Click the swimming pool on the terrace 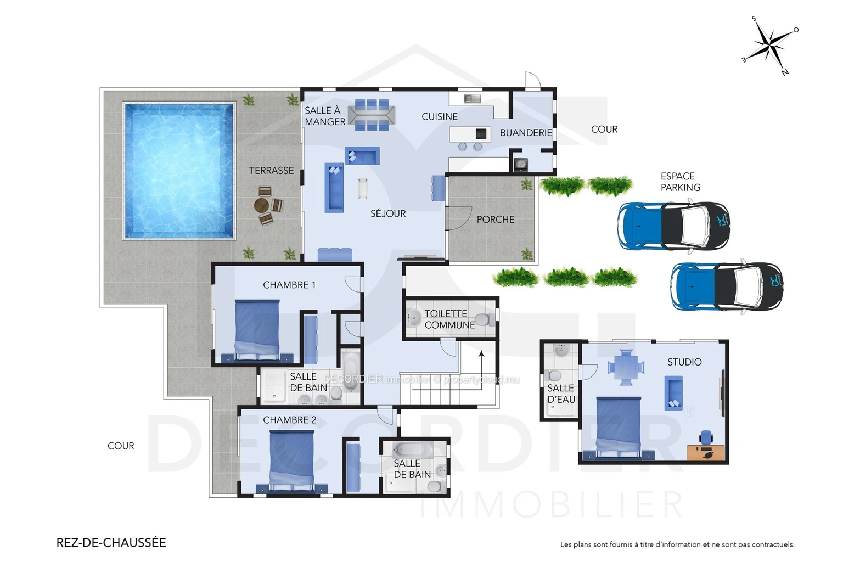click(179, 171)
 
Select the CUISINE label click(439, 117)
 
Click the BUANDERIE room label click(526, 132)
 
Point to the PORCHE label click(495, 220)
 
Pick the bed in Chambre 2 click(291, 461)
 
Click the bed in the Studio click(619, 428)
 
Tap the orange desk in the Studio click(706, 452)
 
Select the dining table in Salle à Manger click(372, 115)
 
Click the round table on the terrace click(261, 205)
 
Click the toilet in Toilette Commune click(485, 319)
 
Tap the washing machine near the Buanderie click(521, 164)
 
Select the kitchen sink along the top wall click(473, 99)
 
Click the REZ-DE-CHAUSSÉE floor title click(111, 542)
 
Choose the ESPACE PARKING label click(681, 182)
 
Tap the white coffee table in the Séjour click(363, 188)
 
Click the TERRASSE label click(271, 171)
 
